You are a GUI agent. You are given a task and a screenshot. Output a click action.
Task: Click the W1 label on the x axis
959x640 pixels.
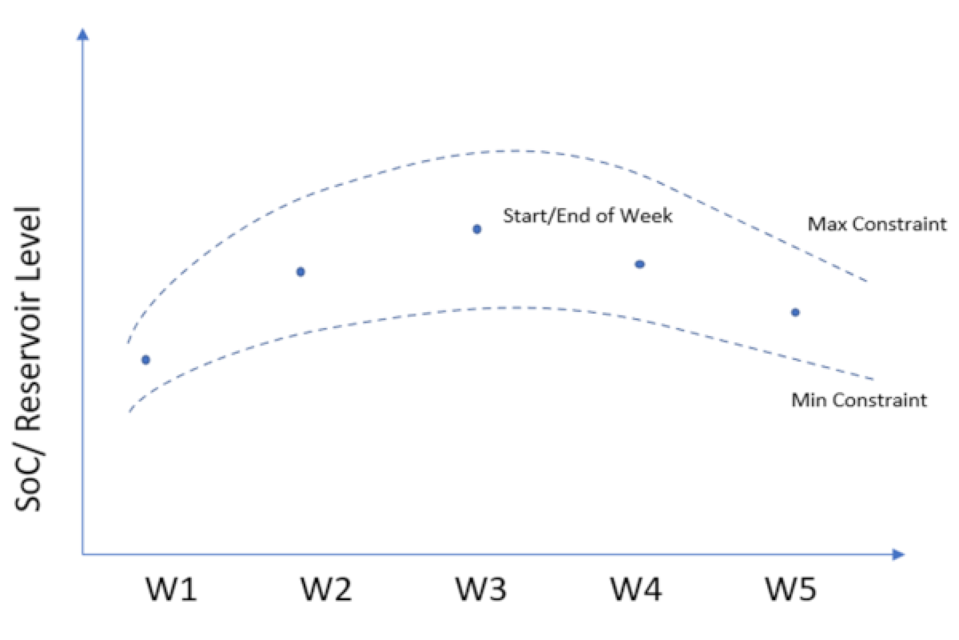tap(172, 589)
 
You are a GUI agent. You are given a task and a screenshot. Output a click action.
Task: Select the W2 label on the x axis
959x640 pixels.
tap(327, 589)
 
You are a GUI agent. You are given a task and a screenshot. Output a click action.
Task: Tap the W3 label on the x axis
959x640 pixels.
tap(481, 589)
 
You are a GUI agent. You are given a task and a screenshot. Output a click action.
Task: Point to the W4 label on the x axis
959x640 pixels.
tap(636, 589)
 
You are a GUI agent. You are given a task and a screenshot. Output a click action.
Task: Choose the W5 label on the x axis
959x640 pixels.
tap(791, 589)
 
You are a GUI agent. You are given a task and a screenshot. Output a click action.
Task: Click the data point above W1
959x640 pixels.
tap(146, 360)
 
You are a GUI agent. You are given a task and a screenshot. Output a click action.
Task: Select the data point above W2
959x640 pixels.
tap(301, 272)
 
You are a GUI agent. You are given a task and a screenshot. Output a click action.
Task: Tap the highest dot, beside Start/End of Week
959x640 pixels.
tap(477, 230)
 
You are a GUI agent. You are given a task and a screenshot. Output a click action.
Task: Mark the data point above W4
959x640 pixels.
tap(640, 265)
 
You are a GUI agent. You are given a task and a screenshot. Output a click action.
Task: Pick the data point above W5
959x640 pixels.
tap(795, 313)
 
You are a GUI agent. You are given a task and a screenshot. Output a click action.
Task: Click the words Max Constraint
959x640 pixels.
tap(877, 224)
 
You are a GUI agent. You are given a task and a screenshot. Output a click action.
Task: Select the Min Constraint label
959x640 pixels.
tap(859, 400)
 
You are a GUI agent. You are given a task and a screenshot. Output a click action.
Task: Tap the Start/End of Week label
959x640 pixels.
tap(587, 216)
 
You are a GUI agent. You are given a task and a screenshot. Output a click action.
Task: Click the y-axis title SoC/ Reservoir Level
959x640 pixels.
tap(29, 359)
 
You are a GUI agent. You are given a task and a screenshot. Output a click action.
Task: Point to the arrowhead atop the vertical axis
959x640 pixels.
tap(83, 34)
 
